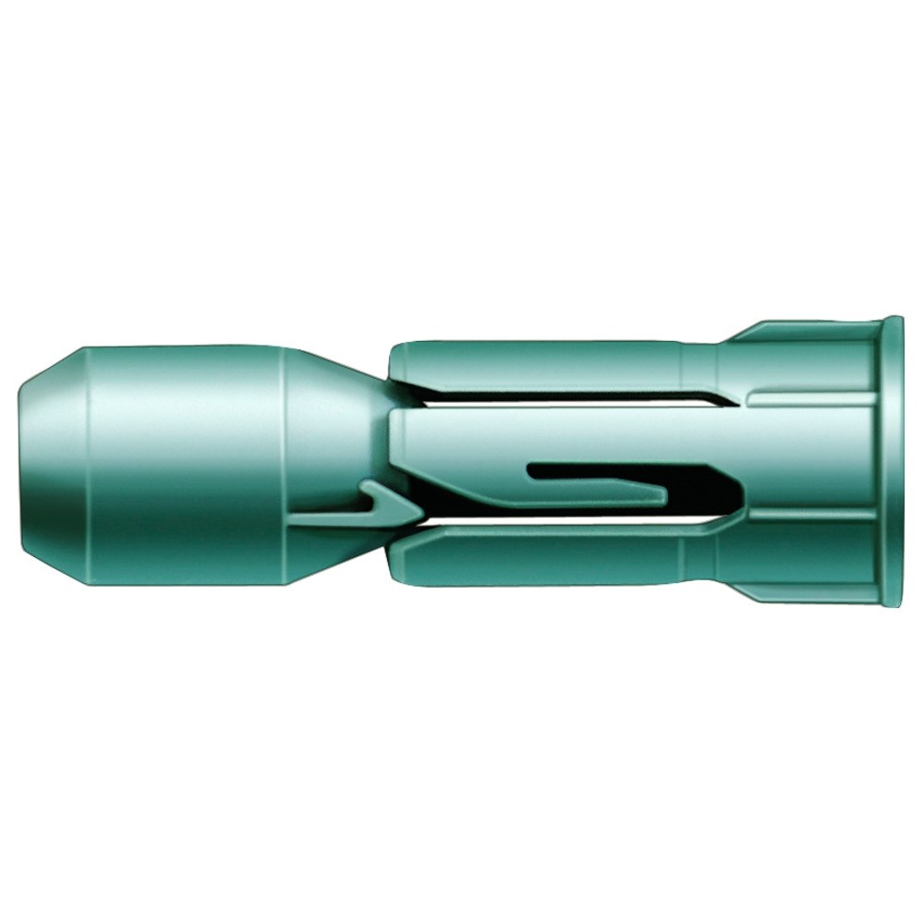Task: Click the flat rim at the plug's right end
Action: pos(892,462)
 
